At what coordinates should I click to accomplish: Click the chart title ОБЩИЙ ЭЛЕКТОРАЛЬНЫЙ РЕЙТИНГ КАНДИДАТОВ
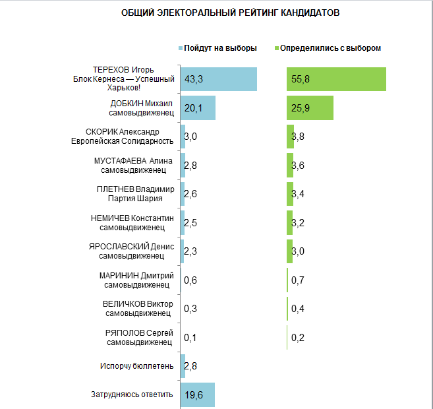231,13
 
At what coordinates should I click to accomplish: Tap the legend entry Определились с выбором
330,48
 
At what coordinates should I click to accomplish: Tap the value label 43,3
193,79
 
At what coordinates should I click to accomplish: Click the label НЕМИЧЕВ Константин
132,222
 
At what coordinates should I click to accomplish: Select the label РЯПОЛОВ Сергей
139,337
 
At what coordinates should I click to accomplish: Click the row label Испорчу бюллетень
137,365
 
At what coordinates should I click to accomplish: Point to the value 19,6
193,394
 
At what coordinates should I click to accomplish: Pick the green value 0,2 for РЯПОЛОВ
297,338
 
